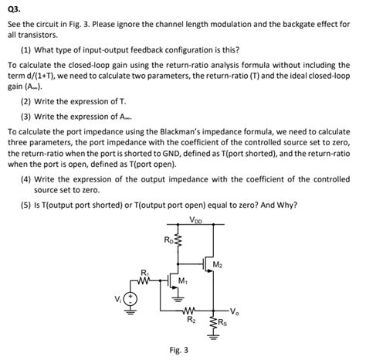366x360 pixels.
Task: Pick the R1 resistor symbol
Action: (x=144, y=280)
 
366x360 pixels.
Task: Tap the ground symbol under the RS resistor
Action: (x=213, y=337)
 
